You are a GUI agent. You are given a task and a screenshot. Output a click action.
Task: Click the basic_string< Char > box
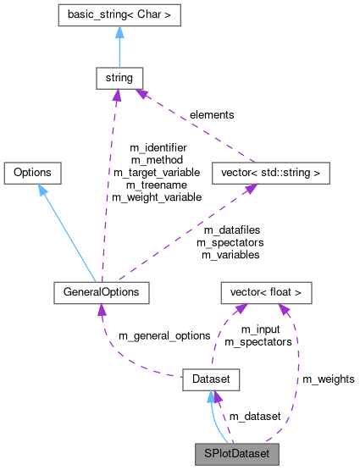point(119,15)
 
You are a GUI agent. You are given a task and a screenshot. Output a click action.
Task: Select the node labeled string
point(119,79)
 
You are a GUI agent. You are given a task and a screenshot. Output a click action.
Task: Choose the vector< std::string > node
point(269,173)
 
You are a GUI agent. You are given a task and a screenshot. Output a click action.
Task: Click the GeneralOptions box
point(101,292)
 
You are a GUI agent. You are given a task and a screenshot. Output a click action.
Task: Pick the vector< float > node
point(266,292)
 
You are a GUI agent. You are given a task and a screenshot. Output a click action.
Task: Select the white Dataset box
point(211,379)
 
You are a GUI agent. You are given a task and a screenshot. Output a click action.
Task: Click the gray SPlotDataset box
point(235,454)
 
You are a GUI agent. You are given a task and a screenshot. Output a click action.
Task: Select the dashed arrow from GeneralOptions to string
point(110,186)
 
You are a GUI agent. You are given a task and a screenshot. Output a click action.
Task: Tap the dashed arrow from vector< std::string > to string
point(195,127)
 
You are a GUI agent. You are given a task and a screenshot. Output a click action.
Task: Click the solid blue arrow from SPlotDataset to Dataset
point(213,423)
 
